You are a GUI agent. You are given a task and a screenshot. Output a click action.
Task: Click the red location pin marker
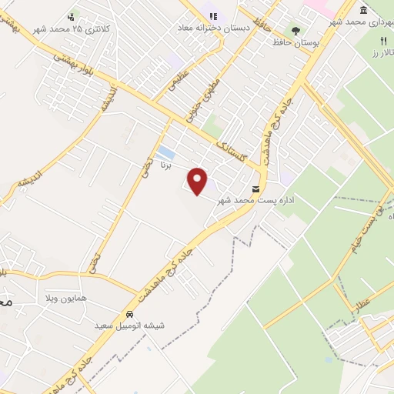(199, 181)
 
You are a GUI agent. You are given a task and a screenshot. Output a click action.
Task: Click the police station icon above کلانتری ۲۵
(72, 15)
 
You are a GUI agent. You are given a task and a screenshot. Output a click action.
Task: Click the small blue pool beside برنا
(165, 152)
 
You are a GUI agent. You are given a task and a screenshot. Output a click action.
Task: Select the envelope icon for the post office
(255, 189)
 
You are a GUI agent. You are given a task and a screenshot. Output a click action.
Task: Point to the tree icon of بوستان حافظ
(295, 30)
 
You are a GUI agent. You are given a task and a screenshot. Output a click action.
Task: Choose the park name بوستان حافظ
(295, 42)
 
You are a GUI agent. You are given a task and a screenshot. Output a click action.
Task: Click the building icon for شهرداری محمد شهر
(362, 11)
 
